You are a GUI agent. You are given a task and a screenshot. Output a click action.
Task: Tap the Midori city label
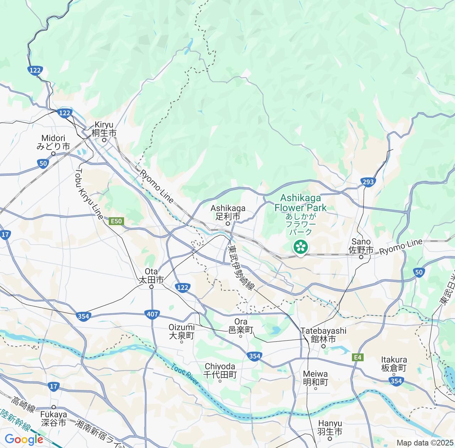(x=53, y=142)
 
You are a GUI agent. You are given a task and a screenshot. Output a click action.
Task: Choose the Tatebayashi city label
(x=323, y=335)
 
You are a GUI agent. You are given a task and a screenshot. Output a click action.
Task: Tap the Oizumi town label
(x=182, y=331)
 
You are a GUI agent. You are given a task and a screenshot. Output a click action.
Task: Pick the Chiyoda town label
(x=220, y=370)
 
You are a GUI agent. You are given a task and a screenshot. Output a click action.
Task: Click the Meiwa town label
(x=316, y=378)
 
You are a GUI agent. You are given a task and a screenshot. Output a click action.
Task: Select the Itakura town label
(x=394, y=364)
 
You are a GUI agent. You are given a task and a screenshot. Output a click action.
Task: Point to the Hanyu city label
(x=330, y=428)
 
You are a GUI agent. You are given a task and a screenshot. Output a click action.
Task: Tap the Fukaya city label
(x=53, y=418)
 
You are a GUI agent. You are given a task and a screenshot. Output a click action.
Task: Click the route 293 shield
(x=368, y=182)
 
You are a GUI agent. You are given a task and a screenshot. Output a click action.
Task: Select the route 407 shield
(x=152, y=314)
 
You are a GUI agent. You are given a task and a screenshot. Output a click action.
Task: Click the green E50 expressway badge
(x=116, y=221)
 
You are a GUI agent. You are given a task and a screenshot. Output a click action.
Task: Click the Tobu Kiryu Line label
(x=89, y=194)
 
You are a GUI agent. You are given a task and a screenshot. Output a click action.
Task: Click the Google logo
(x=24, y=439)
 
